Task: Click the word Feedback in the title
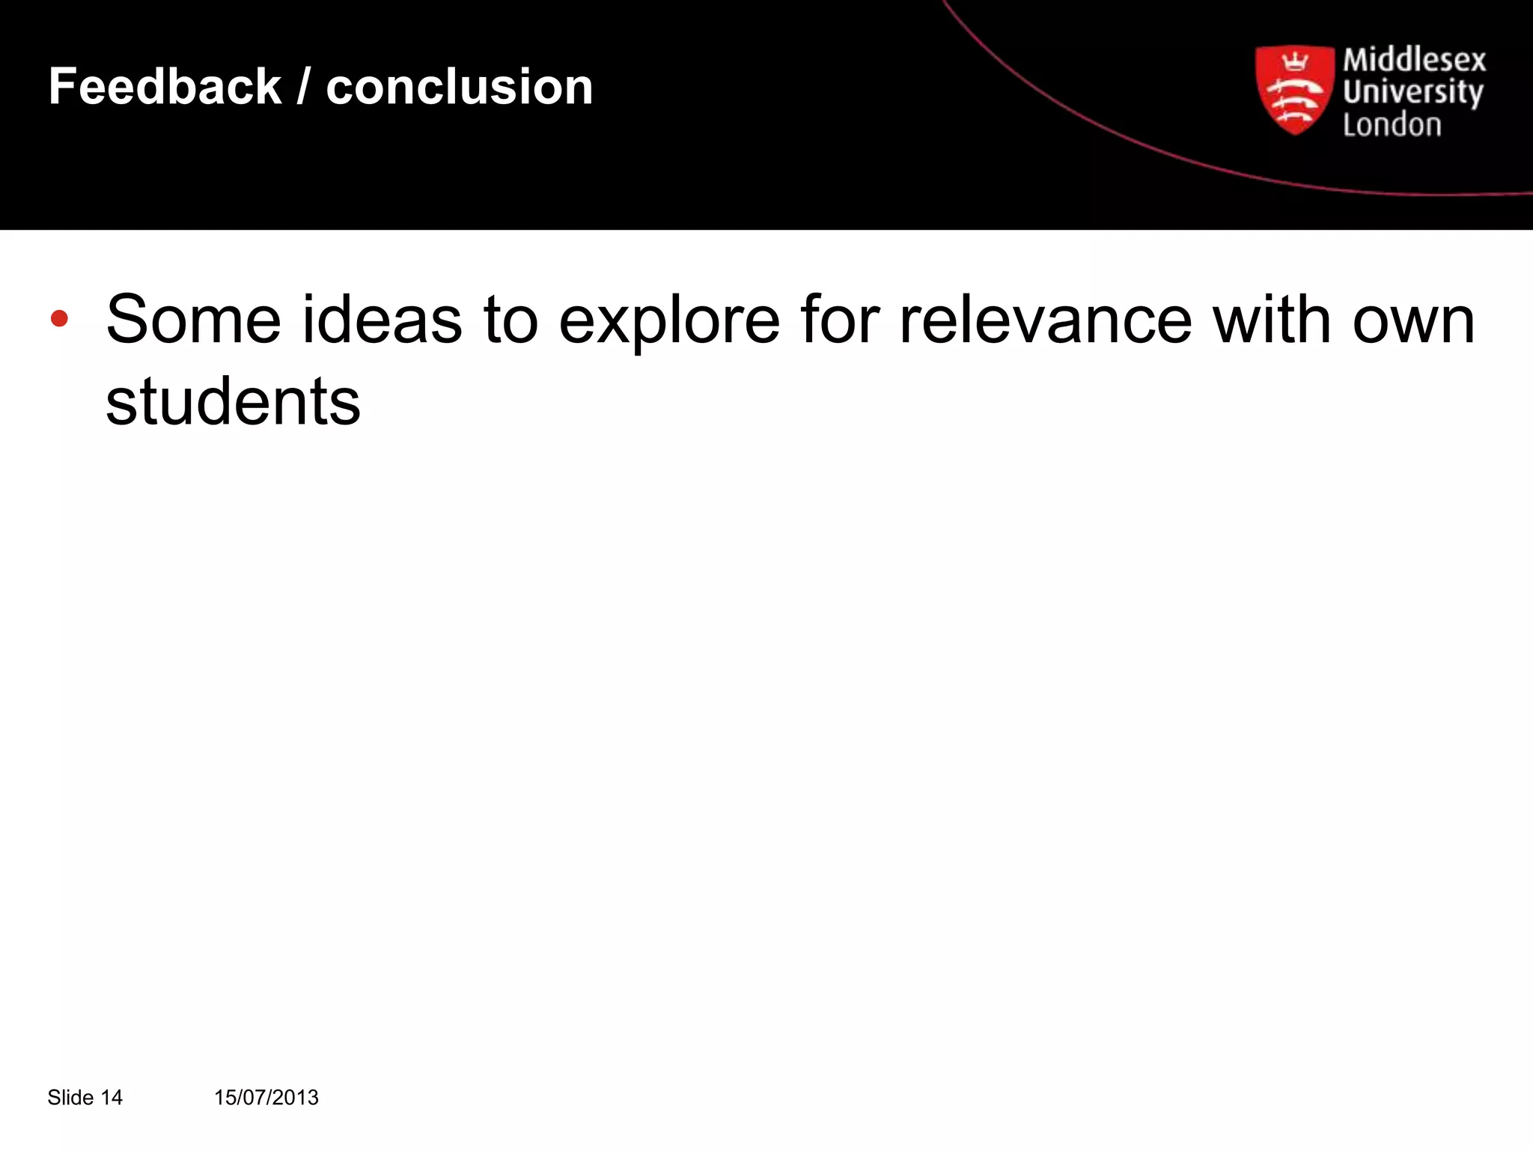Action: (165, 87)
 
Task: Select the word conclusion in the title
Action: (459, 87)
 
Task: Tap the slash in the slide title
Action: (303, 87)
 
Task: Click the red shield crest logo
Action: (1294, 91)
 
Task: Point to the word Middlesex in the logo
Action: (1414, 60)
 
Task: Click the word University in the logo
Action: (1412, 93)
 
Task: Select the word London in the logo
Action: (1392, 125)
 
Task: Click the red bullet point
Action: (59, 319)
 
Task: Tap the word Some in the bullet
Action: (194, 320)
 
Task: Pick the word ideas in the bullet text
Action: (382, 320)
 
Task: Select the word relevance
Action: (1045, 320)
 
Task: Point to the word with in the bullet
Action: (1272, 320)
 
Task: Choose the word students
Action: (233, 402)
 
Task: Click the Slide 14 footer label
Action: (85, 1098)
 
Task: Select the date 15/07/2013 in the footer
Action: (266, 1098)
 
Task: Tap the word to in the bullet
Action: (511, 320)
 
